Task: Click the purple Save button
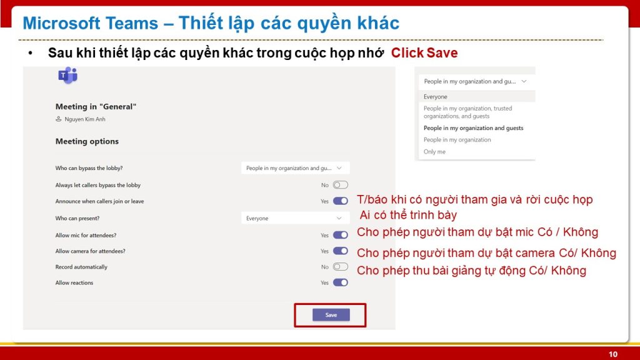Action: (331, 315)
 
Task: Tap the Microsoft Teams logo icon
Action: (67, 76)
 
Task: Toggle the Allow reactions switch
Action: (341, 282)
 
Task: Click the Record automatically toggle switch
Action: (341, 267)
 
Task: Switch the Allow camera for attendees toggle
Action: (341, 251)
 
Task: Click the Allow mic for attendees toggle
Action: (341, 235)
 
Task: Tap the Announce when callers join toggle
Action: (341, 201)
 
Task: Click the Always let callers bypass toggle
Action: (341, 185)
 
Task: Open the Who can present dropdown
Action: (295, 218)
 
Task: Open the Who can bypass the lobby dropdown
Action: (295, 167)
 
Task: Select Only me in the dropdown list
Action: (434, 152)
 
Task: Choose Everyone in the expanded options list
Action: (435, 97)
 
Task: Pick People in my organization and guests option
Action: (473, 128)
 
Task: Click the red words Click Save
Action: (424, 53)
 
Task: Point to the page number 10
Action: (613, 354)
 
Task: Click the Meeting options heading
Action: (87, 141)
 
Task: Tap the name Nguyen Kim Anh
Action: (85, 119)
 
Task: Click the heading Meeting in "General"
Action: (96, 106)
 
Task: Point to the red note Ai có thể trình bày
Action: (407, 215)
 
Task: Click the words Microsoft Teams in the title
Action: (90, 23)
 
